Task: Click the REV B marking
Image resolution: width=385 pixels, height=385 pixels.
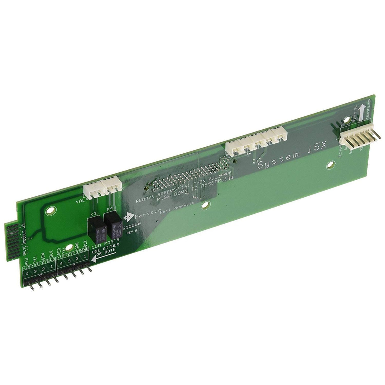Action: pos(132,233)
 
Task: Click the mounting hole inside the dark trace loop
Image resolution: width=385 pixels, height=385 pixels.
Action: pos(49,212)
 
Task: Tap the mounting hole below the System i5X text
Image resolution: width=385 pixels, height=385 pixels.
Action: pos(330,166)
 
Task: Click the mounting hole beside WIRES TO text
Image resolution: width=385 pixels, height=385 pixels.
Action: pos(346,121)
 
